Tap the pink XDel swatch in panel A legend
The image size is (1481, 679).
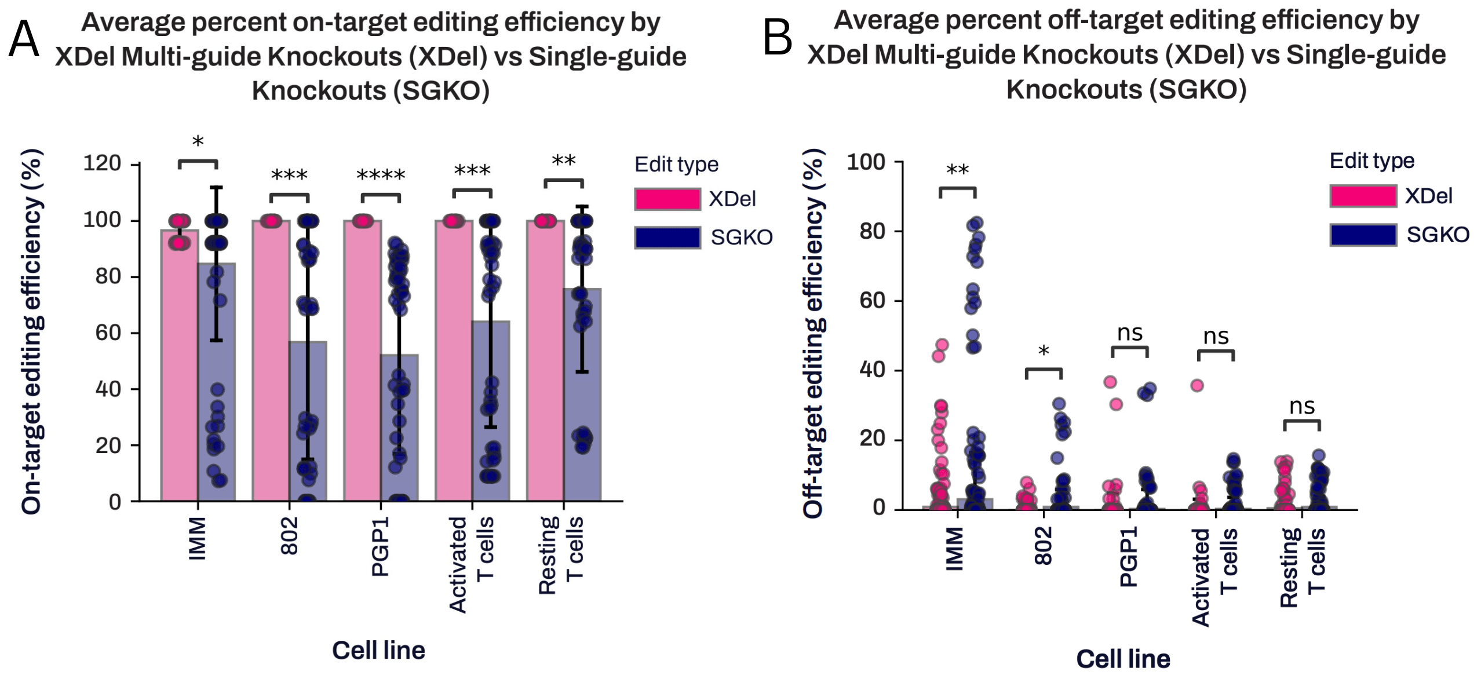click(667, 199)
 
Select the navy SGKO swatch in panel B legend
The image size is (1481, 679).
click(1363, 235)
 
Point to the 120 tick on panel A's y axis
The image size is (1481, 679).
click(102, 163)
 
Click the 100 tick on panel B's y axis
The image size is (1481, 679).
click(866, 162)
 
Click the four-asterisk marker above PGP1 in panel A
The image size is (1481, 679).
click(380, 176)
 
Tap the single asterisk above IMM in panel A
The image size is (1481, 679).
click(198, 142)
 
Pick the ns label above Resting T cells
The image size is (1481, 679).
click(1301, 406)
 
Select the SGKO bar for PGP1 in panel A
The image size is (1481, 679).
click(400, 429)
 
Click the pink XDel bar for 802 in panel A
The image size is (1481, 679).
click(271, 359)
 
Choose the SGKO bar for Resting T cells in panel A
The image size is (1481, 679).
click(583, 394)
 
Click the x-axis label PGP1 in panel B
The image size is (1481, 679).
click(1128, 557)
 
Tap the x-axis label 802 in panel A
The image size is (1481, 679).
click(289, 536)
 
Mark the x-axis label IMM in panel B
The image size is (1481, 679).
click(954, 549)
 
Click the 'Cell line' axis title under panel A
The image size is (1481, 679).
click(378, 650)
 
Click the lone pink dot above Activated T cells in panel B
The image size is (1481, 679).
click(1197, 386)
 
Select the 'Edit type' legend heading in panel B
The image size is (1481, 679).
click(1371, 160)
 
